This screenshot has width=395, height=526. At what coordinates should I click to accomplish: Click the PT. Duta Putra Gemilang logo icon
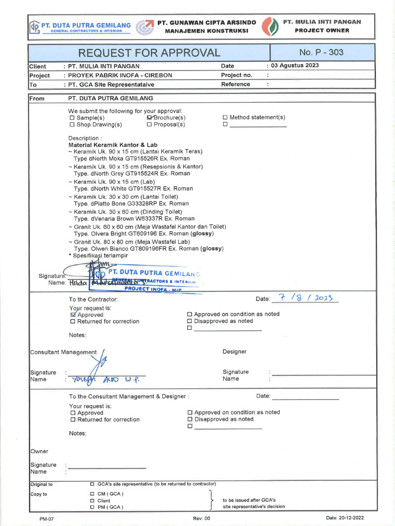tap(34, 26)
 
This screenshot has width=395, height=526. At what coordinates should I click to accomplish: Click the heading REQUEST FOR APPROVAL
tap(149, 53)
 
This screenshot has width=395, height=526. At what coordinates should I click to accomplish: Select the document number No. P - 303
tap(321, 52)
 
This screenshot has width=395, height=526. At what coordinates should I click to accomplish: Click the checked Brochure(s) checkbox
tap(150, 118)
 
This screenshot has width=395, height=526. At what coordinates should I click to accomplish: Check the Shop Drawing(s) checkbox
tap(72, 125)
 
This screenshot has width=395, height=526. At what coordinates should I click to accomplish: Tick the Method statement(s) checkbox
tap(225, 118)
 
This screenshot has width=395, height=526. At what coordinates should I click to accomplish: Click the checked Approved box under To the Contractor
tap(73, 314)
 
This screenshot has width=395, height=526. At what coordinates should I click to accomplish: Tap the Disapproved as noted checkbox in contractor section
tap(190, 321)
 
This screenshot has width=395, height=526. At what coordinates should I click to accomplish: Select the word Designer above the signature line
tap(235, 352)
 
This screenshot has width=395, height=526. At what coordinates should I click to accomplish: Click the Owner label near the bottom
tap(40, 452)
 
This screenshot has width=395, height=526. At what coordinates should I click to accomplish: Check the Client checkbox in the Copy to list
tap(92, 500)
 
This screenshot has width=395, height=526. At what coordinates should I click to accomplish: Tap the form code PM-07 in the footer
tap(46, 519)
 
